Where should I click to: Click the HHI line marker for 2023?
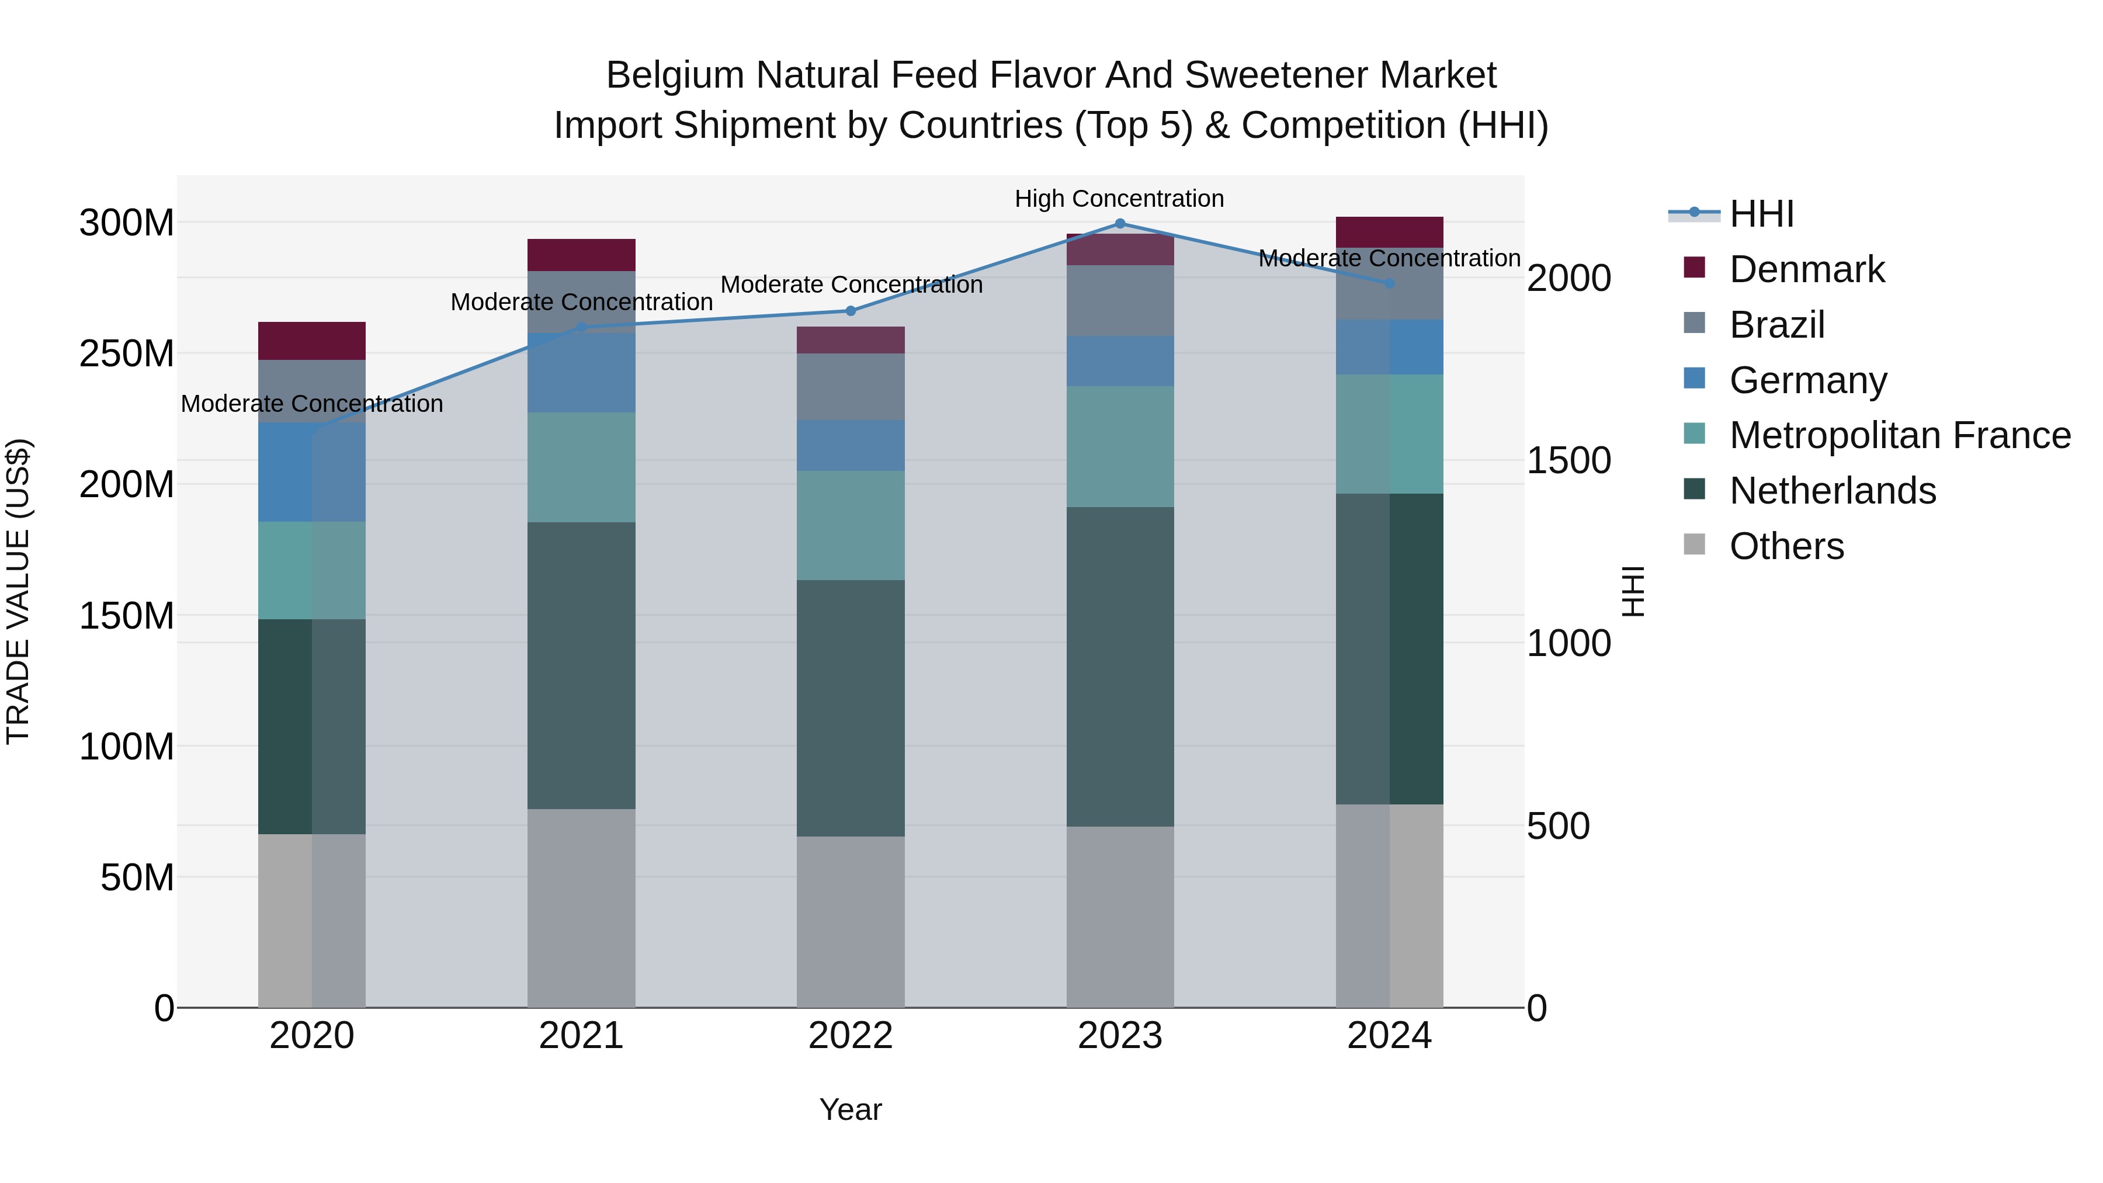1120,224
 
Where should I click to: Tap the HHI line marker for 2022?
851,311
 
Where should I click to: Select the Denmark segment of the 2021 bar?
581,255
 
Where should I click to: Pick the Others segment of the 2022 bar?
851,922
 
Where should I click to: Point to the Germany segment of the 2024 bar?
1390,347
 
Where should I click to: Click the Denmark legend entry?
1807,269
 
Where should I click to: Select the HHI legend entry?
1762,214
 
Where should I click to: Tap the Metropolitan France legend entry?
1900,435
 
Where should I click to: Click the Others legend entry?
1786,546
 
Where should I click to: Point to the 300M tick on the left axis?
127,223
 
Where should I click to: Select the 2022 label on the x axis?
851,1036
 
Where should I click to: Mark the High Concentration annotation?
1119,199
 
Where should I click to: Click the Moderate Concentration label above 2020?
312,404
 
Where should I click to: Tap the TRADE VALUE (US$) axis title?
18,591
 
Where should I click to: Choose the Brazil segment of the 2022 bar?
851,387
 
